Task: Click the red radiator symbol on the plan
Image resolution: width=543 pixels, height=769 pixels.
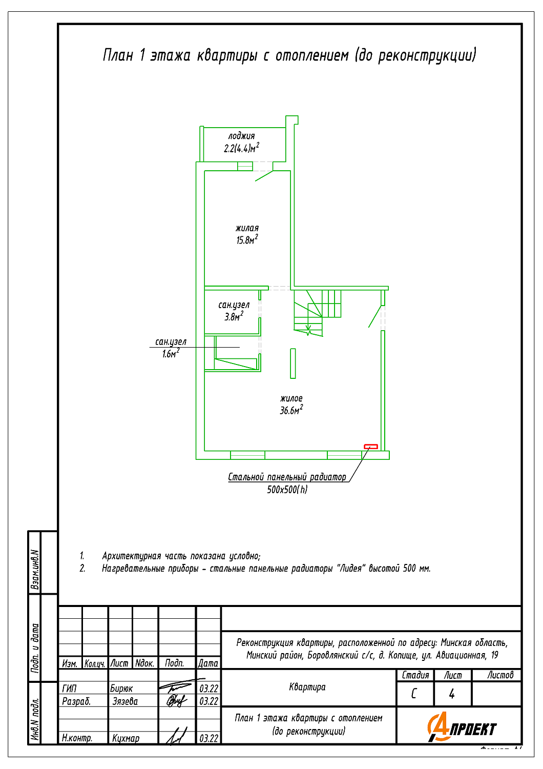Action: coord(370,447)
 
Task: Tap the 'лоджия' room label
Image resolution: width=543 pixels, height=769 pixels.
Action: coord(241,136)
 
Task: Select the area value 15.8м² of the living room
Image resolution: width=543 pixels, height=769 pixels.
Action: coord(247,239)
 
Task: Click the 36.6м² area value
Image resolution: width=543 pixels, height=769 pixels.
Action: coord(291,410)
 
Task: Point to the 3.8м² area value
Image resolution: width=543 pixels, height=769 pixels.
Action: coord(234,316)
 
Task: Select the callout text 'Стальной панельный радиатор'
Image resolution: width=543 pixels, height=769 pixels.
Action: coord(287,477)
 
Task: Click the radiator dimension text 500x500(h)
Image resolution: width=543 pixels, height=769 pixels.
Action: coord(287,489)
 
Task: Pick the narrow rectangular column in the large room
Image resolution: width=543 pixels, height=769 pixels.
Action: coord(293,363)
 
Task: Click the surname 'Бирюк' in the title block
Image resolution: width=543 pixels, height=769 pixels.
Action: coord(121,689)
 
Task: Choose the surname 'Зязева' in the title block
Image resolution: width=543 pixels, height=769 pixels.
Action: coord(125,701)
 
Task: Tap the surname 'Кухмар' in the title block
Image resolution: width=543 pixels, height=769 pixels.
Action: coord(126,738)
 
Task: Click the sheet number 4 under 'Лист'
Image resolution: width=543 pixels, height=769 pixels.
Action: coord(452,694)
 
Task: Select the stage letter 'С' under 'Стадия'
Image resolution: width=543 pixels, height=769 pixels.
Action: coord(414,694)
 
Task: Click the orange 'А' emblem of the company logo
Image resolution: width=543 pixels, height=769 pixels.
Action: coord(440,725)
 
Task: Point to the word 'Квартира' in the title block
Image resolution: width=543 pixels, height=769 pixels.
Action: coord(307,687)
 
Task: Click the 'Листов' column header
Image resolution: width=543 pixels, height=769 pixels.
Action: coord(500,675)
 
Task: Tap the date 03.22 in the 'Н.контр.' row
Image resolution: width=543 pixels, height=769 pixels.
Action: coord(208,738)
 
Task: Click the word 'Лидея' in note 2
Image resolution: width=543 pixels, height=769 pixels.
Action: coord(350,569)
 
